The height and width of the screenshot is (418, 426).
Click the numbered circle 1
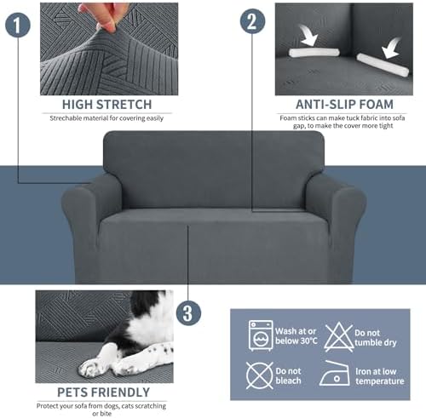(x=18, y=25)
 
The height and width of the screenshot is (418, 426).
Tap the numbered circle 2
(x=252, y=21)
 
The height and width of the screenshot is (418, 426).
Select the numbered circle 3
(x=188, y=313)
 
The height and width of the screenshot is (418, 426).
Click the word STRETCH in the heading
(x=124, y=105)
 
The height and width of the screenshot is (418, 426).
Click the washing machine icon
(x=261, y=336)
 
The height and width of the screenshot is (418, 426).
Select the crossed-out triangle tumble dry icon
(x=339, y=337)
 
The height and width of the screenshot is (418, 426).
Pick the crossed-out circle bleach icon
(x=259, y=375)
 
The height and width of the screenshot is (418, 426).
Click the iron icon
(x=335, y=374)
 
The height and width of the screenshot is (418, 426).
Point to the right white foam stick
(x=383, y=65)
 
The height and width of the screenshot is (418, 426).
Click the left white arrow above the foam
(x=308, y=35)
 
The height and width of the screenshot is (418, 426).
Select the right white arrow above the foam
(x=392, y=48)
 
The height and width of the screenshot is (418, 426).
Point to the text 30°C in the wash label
(x=307, y=341)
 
